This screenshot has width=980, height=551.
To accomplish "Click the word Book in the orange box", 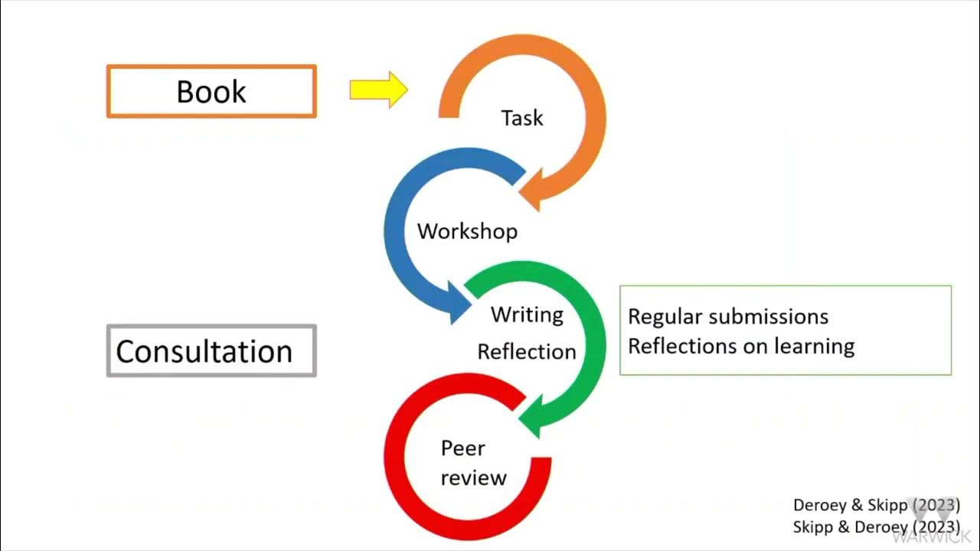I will pos(211,92).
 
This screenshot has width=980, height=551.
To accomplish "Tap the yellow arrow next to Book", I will pos(378,90).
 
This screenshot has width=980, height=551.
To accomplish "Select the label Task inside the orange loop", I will pos(522,118).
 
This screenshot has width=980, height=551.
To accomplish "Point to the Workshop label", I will pos(467,231).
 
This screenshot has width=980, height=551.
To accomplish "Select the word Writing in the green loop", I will pos(527,315).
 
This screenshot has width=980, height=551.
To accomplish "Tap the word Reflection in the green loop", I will pos(527,352).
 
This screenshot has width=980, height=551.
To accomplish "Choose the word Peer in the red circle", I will pos(462,448).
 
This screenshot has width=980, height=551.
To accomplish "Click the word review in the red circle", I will pos(473,478).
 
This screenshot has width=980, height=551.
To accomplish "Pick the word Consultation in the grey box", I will pos(204,352).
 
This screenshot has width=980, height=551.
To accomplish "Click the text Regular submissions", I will pos(728,317).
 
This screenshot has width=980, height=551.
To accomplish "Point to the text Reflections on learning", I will pos(741,346).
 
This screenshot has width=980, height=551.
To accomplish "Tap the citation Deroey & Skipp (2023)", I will pos(876,505).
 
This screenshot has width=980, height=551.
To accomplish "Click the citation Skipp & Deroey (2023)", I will pos(876,527).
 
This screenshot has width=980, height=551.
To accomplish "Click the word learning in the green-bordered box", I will pos(815,346).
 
